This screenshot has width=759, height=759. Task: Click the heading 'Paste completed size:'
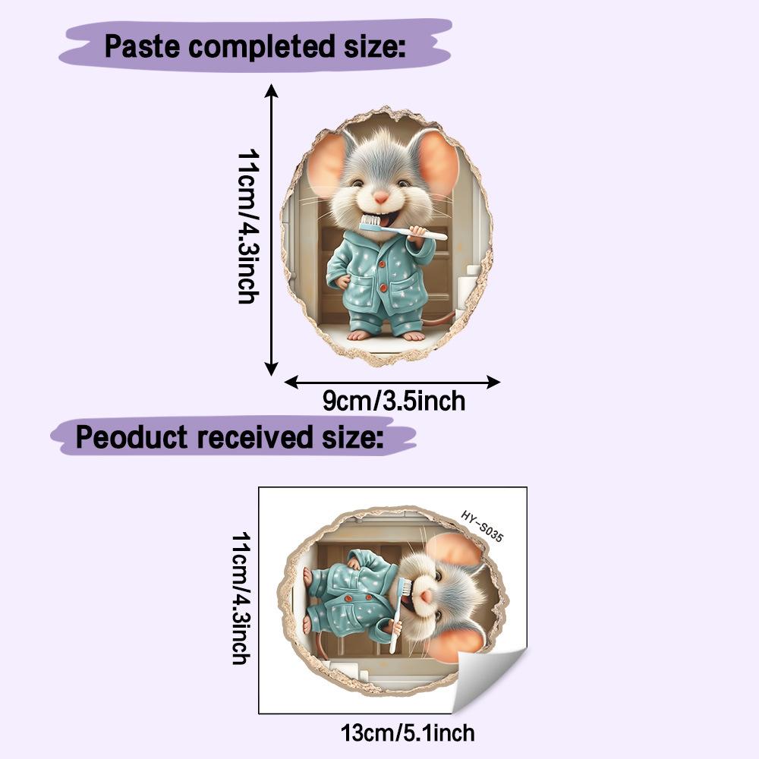click(x=254, y=47)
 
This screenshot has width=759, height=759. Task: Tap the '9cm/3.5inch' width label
click(x=393, y=401)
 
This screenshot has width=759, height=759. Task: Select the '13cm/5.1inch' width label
click(x=408, y=733)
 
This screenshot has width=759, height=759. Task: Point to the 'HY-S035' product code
click(x=482, y=526)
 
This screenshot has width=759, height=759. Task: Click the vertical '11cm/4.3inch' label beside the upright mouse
click(x=248, y=226)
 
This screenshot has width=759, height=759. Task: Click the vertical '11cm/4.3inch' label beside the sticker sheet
click(x=241, y=598)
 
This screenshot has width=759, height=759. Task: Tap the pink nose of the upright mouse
click(x=381, y=197)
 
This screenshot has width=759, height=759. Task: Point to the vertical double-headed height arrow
click(x=271, y=230)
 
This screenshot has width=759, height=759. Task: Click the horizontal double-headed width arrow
click(x=392, y=382)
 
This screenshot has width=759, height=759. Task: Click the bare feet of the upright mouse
click(x=382, y=335)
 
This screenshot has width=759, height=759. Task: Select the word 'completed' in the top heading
click(x=261, y=47)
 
